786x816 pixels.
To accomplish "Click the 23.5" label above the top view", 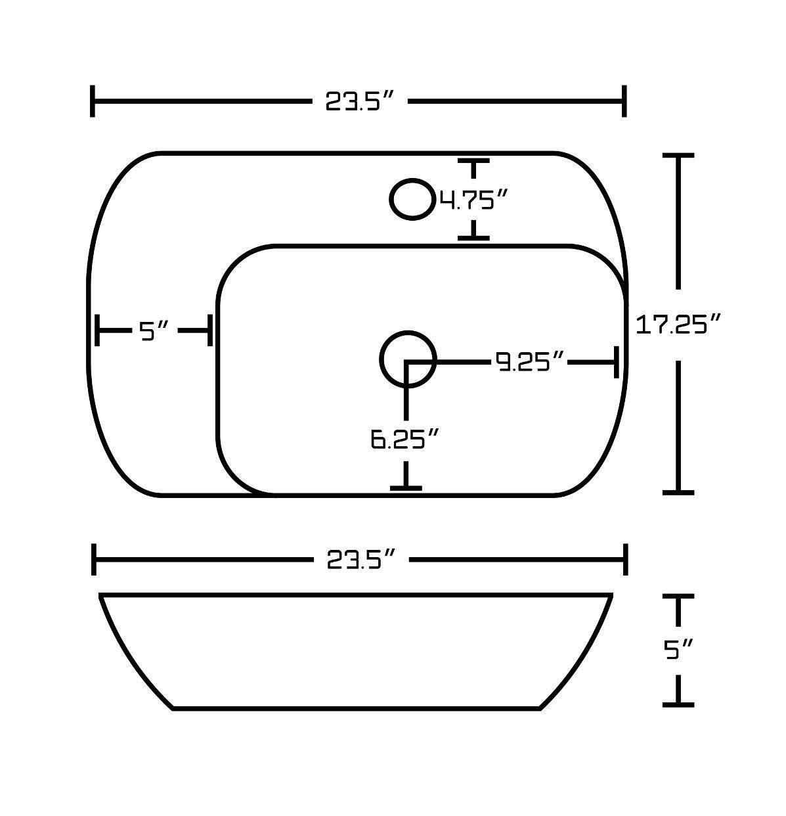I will pyautogui.click(x=360, y=102).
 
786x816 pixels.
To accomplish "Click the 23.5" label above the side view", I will pyautogui.click(x=360, y=560).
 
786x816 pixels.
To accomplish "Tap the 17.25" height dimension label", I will pyautogui.click(x=679, y=324).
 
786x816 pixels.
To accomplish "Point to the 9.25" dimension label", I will pyautogui.click(x=530, y=361).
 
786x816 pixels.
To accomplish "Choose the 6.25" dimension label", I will pyautogui.click(x=404, y=439).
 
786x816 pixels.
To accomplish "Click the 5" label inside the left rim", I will pyautogui.click(x=155, y=330).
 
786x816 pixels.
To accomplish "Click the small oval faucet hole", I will pyautogui.click(x=412, y=198).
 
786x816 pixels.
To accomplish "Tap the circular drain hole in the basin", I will pyautogui.click(x=408, y=359).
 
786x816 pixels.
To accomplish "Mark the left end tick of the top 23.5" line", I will pyautogui.click(x=93, y=101).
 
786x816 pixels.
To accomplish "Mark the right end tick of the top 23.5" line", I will pyautogui.click(x=624, y=101).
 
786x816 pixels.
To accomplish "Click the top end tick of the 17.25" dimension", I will pyautogui.click(x=678, y=156).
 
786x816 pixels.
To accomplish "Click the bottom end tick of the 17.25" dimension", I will pyautogui.click(x=678, y=491).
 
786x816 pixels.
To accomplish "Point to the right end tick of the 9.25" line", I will pyautogui.click(x=616, y=362).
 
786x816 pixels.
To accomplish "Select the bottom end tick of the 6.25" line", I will pyautogui.click(x=406, y=487).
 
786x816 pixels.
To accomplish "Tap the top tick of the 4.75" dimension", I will pyautogui.click(x=473, y=160).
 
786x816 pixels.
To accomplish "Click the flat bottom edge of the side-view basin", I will pyautogui.click(x=357, y=708).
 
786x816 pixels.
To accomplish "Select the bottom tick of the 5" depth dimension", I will pyautogui.click(x=678, y=704).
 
